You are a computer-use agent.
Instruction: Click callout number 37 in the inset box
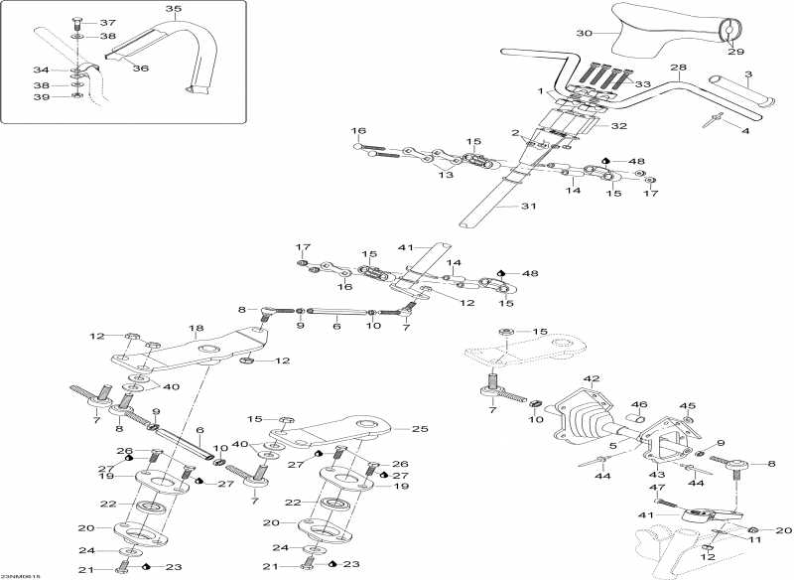coord(107,22)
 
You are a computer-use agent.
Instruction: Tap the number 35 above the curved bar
coord(174,9)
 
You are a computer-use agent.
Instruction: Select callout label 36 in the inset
coord(141,68)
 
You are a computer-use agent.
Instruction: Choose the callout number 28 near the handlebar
coord(678,68)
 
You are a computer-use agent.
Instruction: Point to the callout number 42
coord(593,379)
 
